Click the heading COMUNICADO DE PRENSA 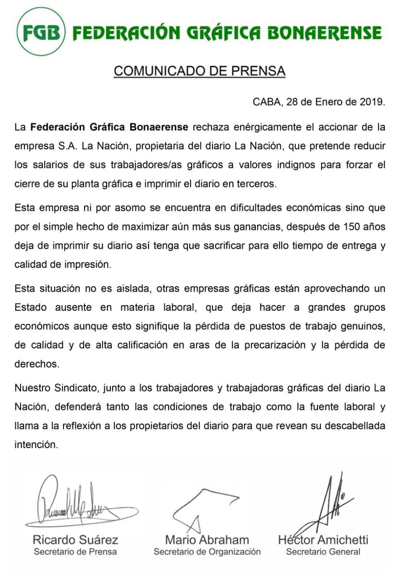[x=199, y=71]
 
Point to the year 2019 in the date [x=371, y=101]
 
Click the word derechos [x=37, y=364]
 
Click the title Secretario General [x=323, y=552]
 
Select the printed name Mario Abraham [x=207, y=540]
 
